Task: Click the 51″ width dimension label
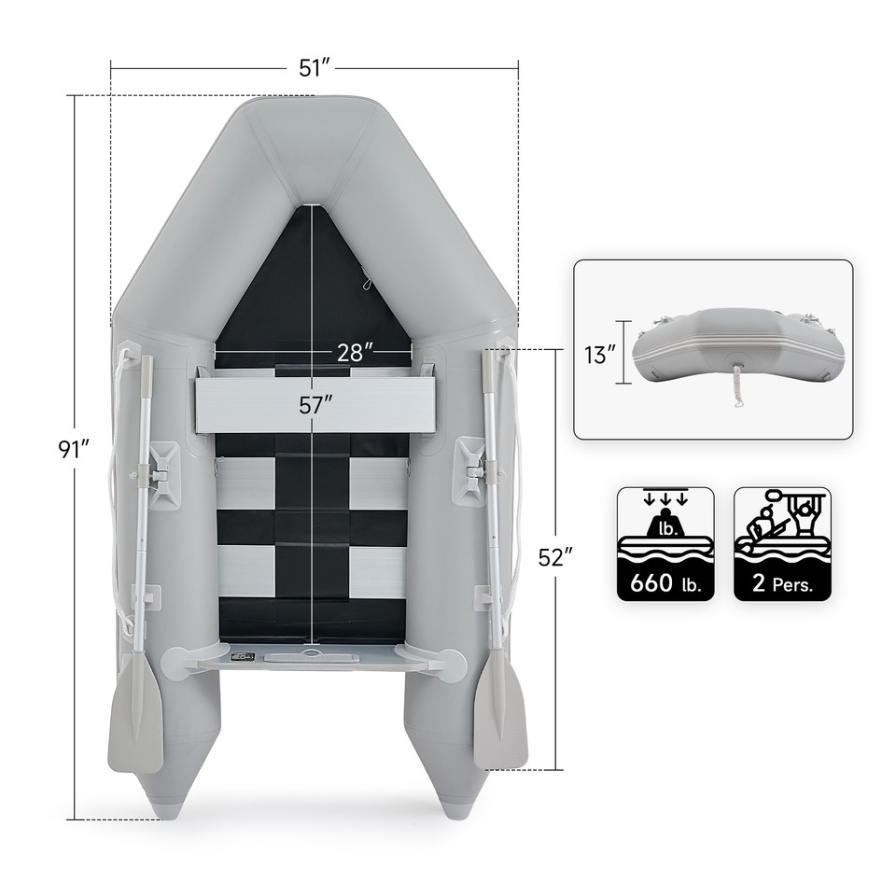[315, 67]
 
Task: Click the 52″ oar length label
[555, 557]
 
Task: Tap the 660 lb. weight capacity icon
[665, 543]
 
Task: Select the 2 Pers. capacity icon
[782, 543]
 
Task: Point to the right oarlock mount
[469, 471]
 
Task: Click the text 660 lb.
[665, 584]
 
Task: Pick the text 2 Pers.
[782, 584]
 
